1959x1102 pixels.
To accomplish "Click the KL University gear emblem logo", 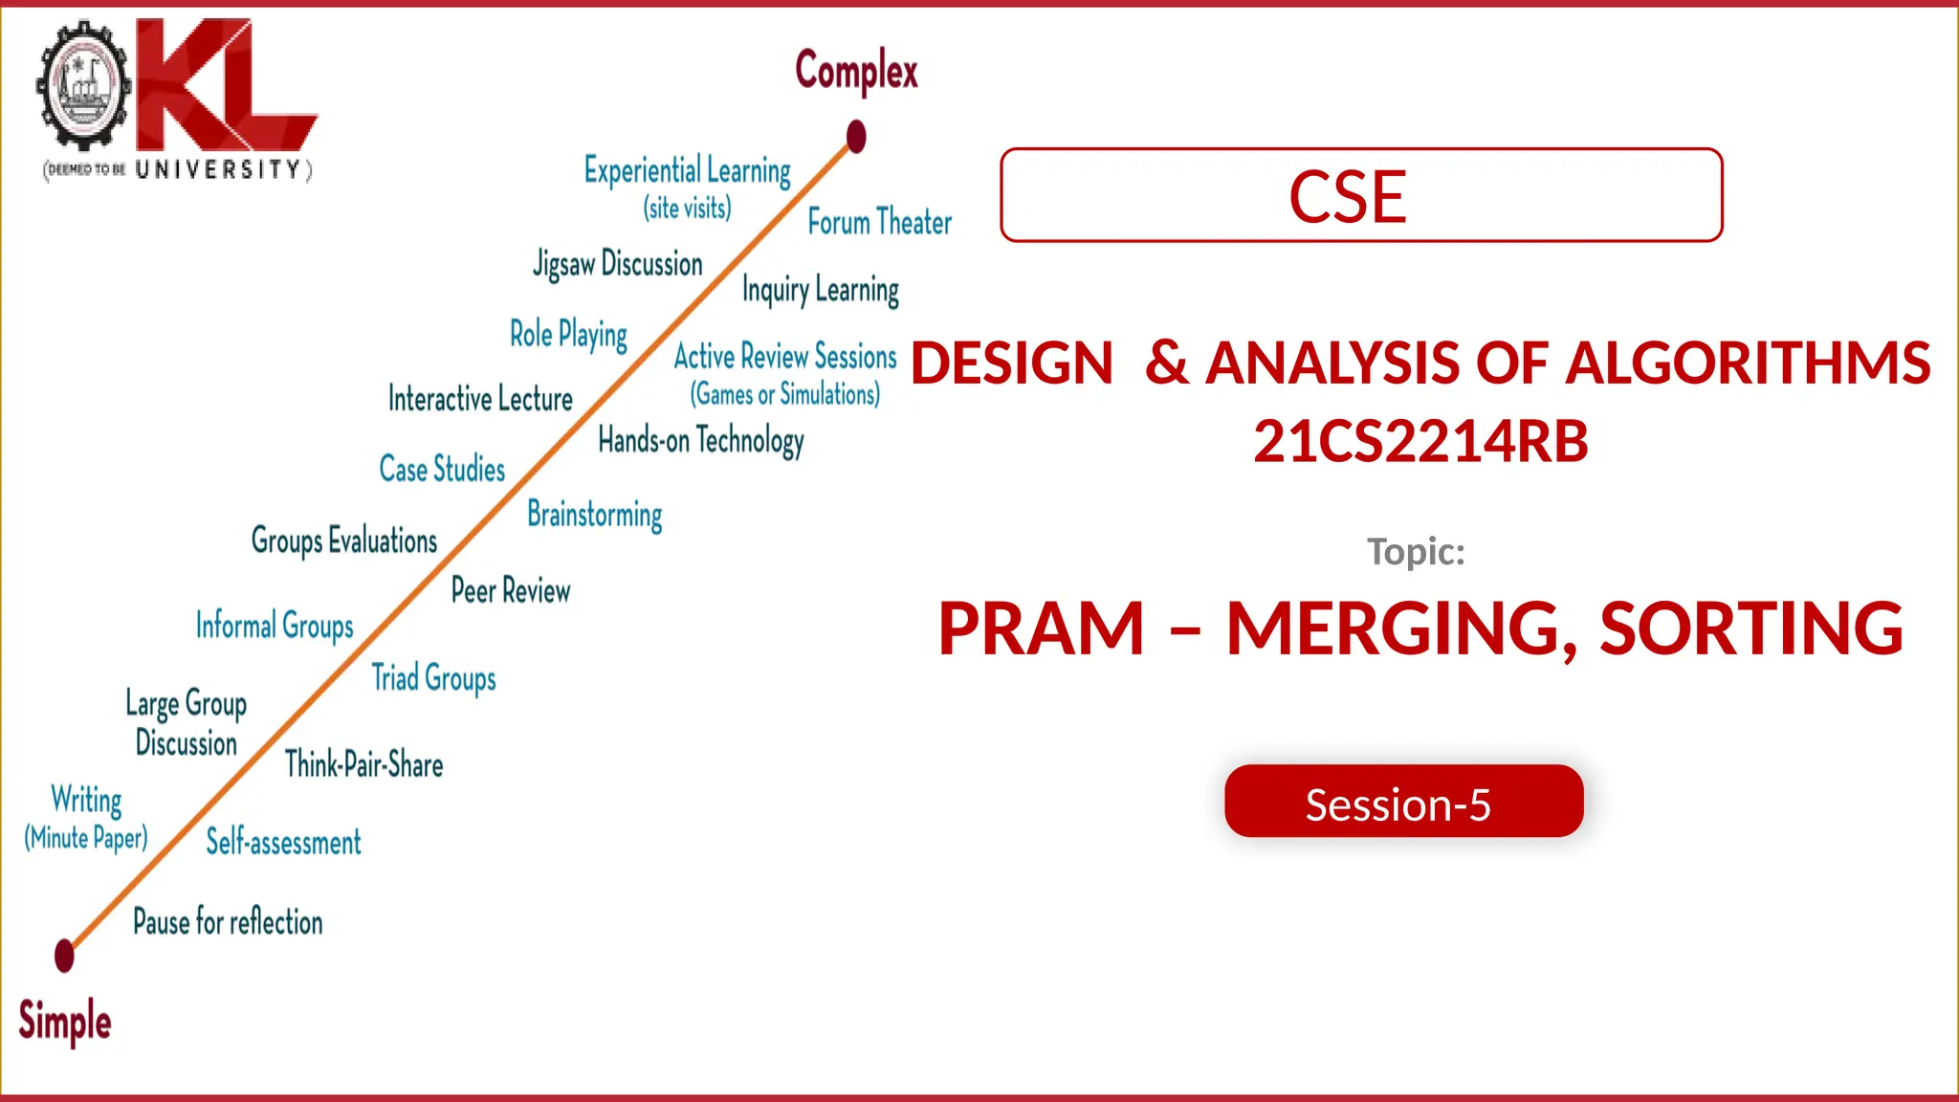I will point(83,86).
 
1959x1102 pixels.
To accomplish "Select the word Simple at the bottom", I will point(65,1021).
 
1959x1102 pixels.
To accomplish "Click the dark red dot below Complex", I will point(856,137).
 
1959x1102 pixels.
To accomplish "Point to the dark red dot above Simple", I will point(64,955).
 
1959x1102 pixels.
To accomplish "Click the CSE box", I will point(1360,195).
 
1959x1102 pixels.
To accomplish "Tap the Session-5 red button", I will point(1402,802).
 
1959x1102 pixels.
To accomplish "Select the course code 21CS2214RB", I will point(1420,441).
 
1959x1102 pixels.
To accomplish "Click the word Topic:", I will point(1416,552).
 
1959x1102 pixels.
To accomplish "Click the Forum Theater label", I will point(879,222).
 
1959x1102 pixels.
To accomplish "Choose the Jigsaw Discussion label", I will point(618,264).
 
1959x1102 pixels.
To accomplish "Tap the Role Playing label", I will point(568,335).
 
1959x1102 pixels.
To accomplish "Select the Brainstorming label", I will point(594,515).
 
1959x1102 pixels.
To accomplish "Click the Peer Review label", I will point(510,590).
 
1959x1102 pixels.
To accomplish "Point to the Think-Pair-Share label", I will point(363,764).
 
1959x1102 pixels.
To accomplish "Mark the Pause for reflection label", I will point(228,922).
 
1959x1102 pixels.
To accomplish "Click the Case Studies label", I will point(442,469).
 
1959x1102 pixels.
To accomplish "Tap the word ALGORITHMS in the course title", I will point(1748,364).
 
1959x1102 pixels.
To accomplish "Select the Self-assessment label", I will point(283,842).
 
